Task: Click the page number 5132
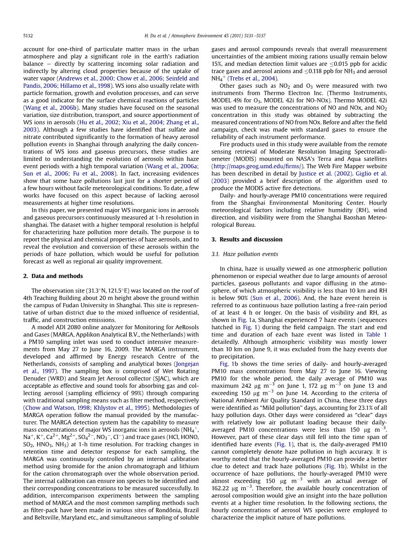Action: pos(28,36)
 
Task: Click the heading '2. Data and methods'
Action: pos(53,276)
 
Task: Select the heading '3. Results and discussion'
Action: pos(247,239)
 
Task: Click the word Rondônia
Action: pos(159,510)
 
